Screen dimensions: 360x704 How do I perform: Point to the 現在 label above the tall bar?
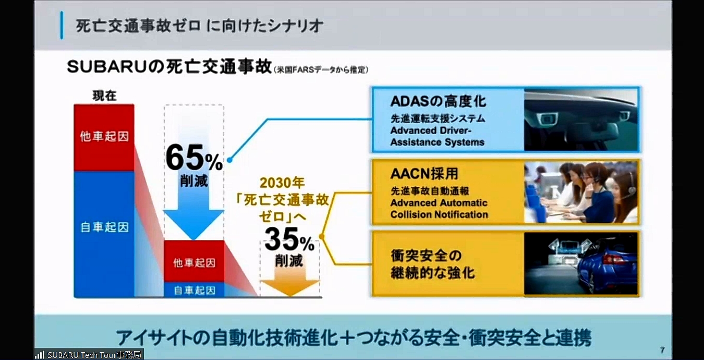point(104,95)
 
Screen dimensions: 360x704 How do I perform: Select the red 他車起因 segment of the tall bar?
point(104,137)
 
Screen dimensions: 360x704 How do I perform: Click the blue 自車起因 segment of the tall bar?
point(104,227)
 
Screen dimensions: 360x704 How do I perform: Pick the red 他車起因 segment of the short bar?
point(194,261)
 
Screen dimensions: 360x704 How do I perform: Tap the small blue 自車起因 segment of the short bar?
point(194,290)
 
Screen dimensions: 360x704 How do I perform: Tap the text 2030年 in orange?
point(282,183)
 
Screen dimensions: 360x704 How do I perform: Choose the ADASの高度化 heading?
point(438,101)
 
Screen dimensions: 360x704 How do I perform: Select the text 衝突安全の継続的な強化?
point(432,264)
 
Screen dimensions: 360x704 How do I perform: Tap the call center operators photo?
point(581,192)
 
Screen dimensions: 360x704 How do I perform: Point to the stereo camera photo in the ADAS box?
point(581,119)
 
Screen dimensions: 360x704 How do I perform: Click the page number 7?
point(662,350)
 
